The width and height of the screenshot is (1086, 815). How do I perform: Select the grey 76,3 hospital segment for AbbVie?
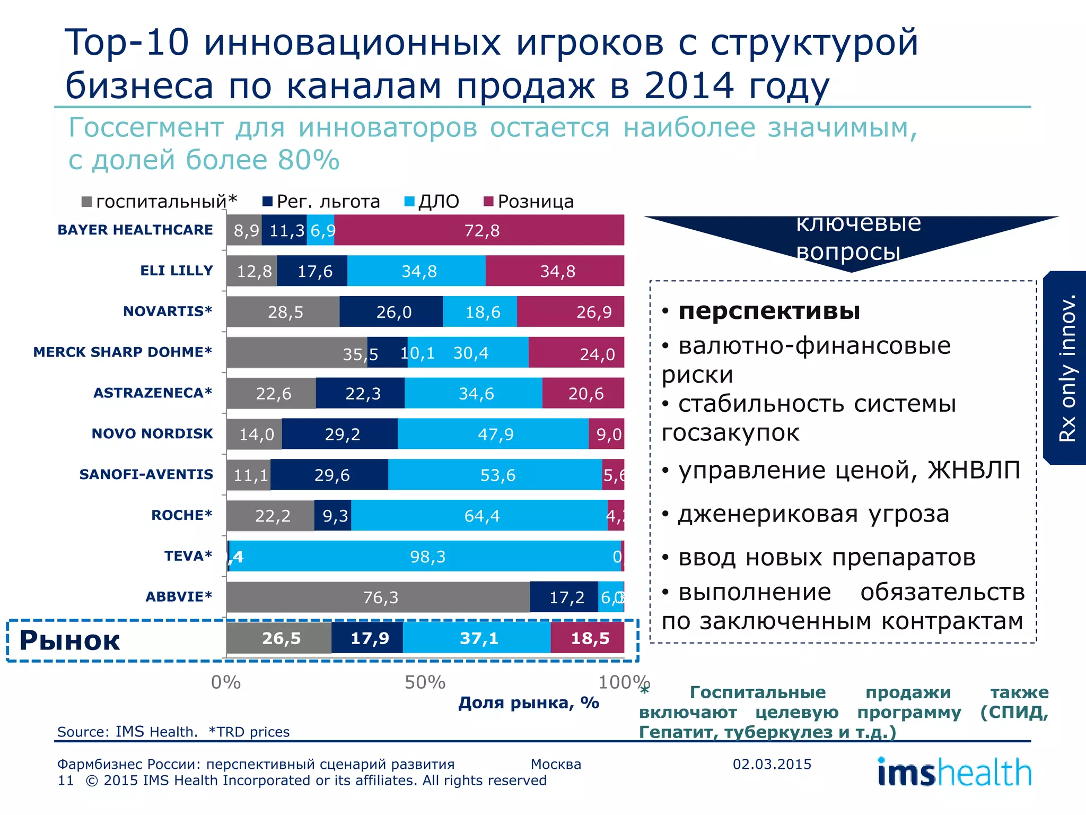pos(380,597)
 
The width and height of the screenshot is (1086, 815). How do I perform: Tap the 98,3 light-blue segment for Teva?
pos(427,557)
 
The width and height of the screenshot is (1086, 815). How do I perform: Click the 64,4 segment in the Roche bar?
pos(481,516)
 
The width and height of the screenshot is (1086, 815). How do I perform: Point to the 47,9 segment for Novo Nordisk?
pos(495,434)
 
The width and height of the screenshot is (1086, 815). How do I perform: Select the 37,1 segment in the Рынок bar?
pos(478,638)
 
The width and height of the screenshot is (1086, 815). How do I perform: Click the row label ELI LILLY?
pos(176,271)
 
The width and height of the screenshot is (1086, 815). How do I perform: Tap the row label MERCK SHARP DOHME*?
pos(122,352)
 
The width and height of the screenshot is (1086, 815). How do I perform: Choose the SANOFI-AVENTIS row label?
pos(146,474)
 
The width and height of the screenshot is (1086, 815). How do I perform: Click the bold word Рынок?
pos(69,640)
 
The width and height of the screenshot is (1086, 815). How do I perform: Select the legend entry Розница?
pos(535,202)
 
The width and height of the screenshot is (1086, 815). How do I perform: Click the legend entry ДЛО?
pos(438,202)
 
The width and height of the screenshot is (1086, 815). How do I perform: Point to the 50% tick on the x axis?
pos(425,682)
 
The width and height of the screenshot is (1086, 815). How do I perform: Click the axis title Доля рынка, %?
pos(529,703)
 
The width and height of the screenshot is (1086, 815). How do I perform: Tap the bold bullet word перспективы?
pos(769,311)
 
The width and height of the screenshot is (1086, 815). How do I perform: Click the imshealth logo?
pos(954,772)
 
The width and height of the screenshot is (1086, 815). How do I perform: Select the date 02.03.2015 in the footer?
pos(772,764)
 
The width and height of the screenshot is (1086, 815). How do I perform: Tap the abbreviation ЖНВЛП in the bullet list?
pos(974,470)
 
